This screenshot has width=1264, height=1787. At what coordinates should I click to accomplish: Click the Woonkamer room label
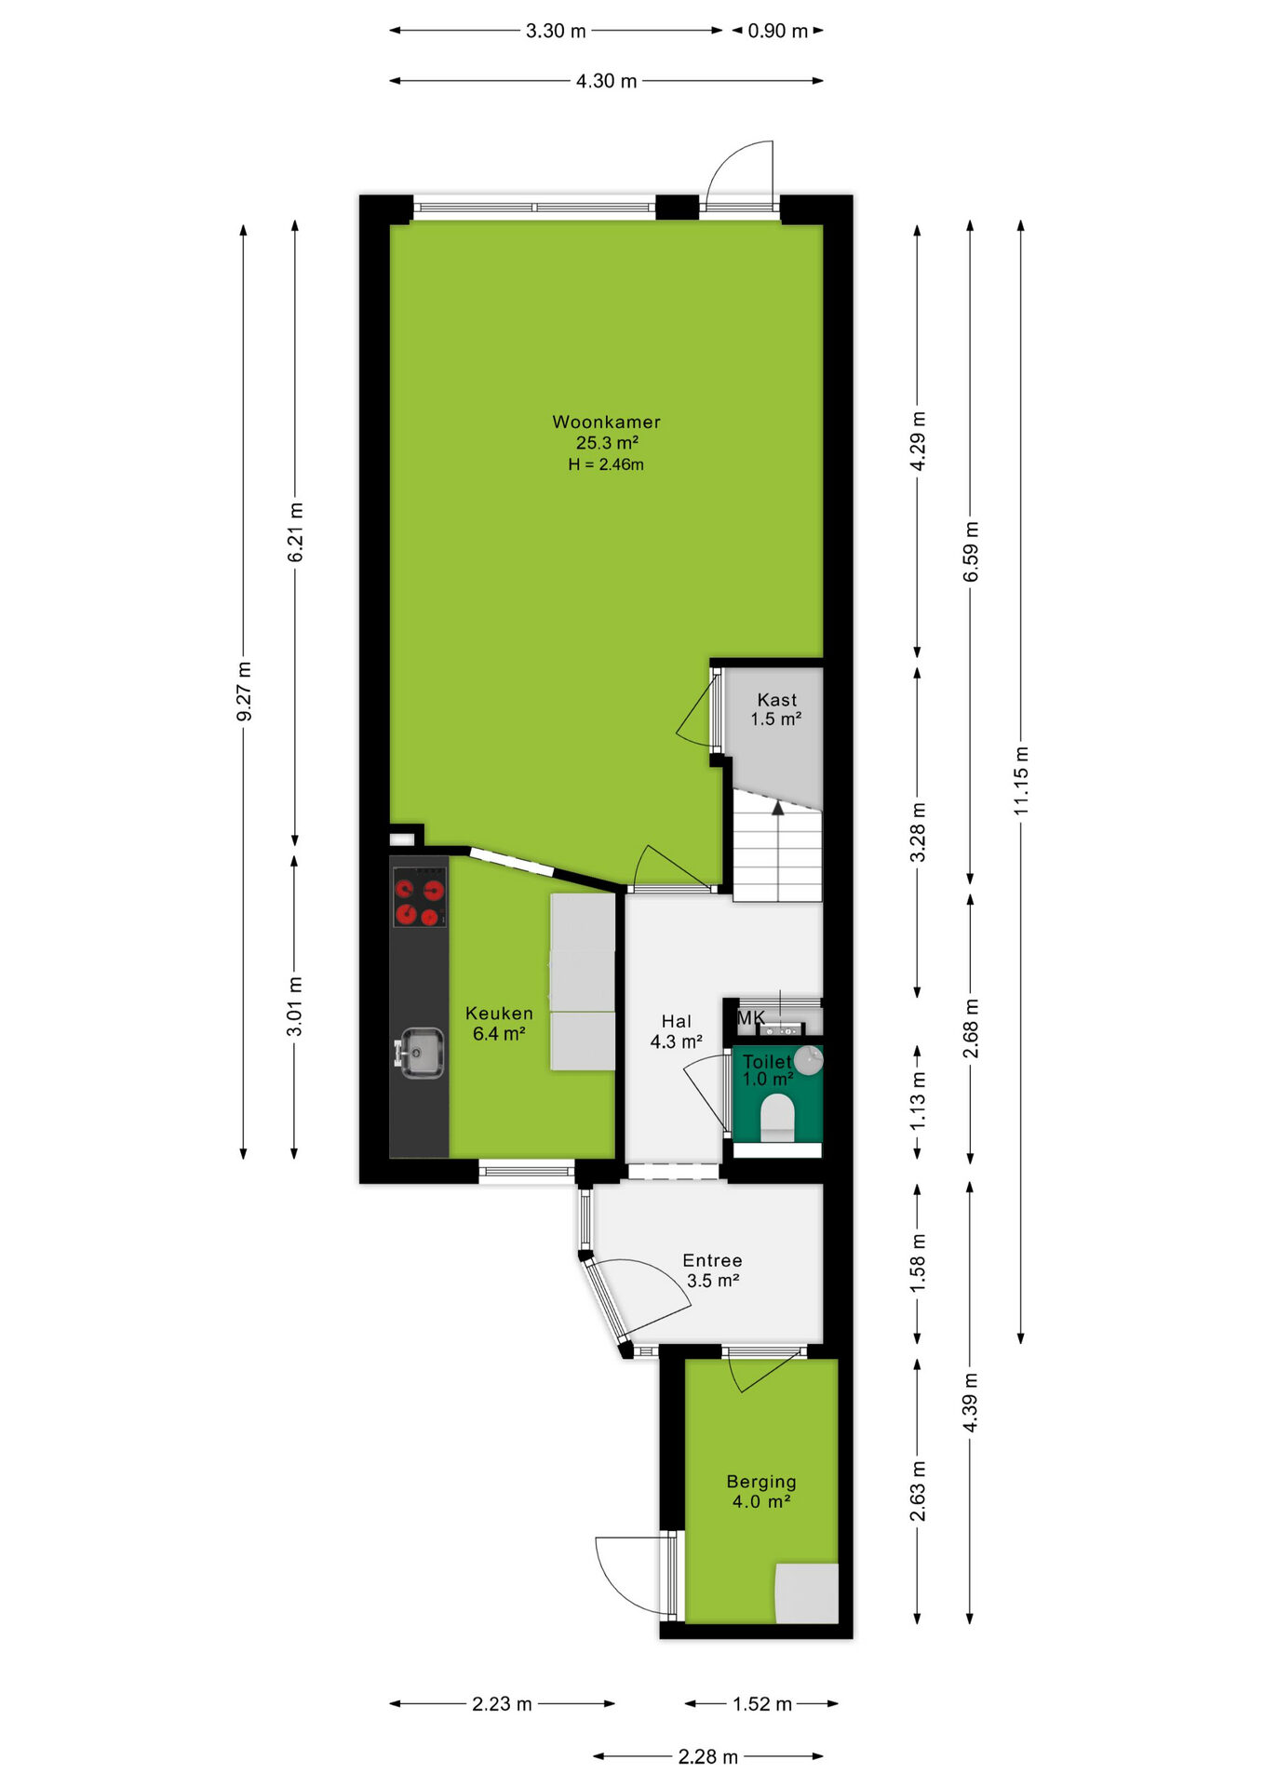[606, 422]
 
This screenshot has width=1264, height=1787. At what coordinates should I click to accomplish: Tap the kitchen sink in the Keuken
[420, 1053]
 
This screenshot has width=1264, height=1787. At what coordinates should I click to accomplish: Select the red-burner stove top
[419, 897]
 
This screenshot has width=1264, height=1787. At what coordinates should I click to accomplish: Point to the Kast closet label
[776, 700]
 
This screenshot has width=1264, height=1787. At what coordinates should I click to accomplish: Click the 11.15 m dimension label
[1021, 781]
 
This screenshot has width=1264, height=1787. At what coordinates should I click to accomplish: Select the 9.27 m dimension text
[244, 692]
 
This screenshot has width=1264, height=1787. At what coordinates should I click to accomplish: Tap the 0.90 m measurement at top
[777, 31]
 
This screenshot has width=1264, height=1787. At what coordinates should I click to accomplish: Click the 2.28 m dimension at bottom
[707, 1756]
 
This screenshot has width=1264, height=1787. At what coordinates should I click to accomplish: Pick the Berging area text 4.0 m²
[761, 1501]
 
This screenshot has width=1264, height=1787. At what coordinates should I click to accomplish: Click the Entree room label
[712, 1260]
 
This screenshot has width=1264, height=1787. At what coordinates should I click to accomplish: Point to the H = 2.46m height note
[606, 464]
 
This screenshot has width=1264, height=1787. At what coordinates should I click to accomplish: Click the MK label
[750, 1018]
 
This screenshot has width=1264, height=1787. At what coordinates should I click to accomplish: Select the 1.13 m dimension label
[918, 1101]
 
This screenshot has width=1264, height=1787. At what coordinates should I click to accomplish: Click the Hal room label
[676, 1021]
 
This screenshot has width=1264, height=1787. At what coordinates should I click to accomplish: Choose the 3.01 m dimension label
[294, 1007]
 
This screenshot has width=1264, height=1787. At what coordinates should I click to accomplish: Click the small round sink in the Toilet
[808, 1060]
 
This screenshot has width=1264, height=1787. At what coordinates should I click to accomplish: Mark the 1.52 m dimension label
[761, 1704]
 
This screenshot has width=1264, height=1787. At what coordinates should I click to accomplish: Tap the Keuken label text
[499, 1014]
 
